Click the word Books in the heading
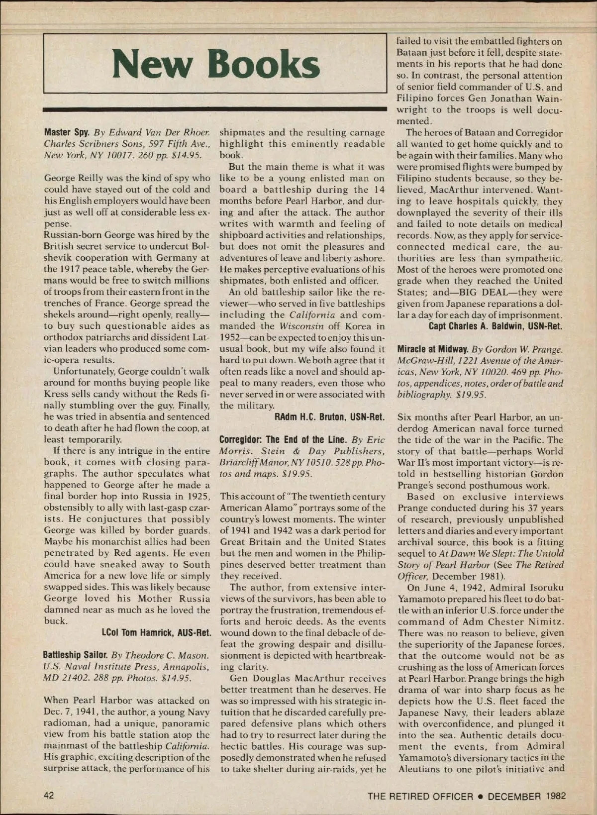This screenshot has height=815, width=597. click(x=263, y=65)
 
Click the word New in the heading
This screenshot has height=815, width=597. click(x=151, y=65)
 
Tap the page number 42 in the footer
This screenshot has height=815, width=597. click(x=49, y=795)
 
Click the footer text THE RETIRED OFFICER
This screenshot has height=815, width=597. click(x=420, y=796)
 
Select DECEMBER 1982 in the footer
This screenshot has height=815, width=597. click(x=527, y=796)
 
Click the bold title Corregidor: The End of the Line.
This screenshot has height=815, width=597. click(x=283, y=439)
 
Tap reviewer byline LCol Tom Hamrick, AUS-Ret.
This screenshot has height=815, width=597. click(x=156, y=633)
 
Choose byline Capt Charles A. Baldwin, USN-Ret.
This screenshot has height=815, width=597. click(x=496, y=326)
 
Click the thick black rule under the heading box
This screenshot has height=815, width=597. click(x=215, y=108)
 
